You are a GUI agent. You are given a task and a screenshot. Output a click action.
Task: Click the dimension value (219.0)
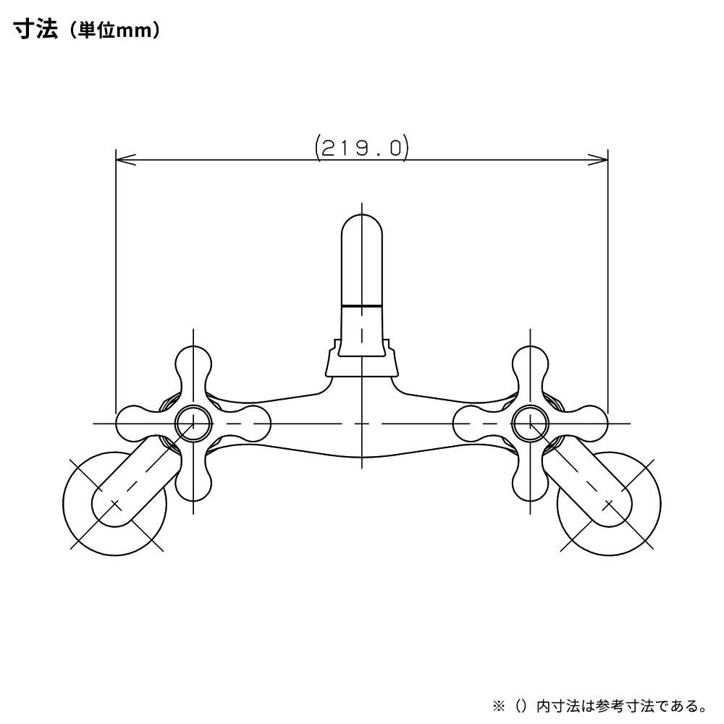click(361, 148)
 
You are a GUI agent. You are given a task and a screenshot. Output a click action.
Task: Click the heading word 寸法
click(35, 30)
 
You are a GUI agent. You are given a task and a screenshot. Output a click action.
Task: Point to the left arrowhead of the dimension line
click(125, 160)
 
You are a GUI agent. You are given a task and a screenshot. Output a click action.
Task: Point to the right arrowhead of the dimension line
click(598, 160)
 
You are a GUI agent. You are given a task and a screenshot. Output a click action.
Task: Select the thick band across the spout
click(362, 306)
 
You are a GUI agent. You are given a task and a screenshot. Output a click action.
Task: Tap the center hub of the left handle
click(193, 423)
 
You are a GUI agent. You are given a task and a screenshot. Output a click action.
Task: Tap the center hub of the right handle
click(531, 423)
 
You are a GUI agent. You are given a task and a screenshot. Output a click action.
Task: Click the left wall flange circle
click(114, 503)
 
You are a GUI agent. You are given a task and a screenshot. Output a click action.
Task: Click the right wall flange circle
click(609, 503)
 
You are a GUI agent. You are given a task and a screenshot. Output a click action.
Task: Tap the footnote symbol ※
click(499, 705)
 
